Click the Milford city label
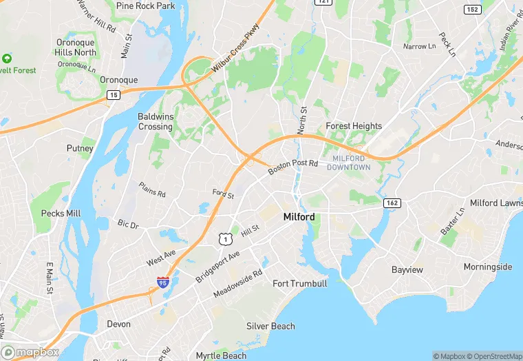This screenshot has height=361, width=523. [299, 217]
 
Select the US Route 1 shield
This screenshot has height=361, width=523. [224, 238]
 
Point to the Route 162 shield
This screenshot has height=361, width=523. [392, 203]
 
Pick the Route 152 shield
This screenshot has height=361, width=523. [471, 9]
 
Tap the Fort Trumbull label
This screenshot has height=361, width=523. [300, 283]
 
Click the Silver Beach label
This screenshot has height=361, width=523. [270, 326]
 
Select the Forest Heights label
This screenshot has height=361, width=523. [354, 126]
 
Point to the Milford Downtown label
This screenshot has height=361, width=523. [348, 163]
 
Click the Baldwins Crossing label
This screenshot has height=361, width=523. [156, 121]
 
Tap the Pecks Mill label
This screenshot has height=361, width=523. [61, 213]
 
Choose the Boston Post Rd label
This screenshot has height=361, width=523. [293, 167]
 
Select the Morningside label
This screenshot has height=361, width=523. [488, 267]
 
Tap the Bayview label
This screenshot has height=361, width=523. [407, 269]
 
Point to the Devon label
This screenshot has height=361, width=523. [118, 323]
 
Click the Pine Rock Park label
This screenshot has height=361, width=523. [146, 6]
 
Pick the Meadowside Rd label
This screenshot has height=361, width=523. [238, 283]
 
